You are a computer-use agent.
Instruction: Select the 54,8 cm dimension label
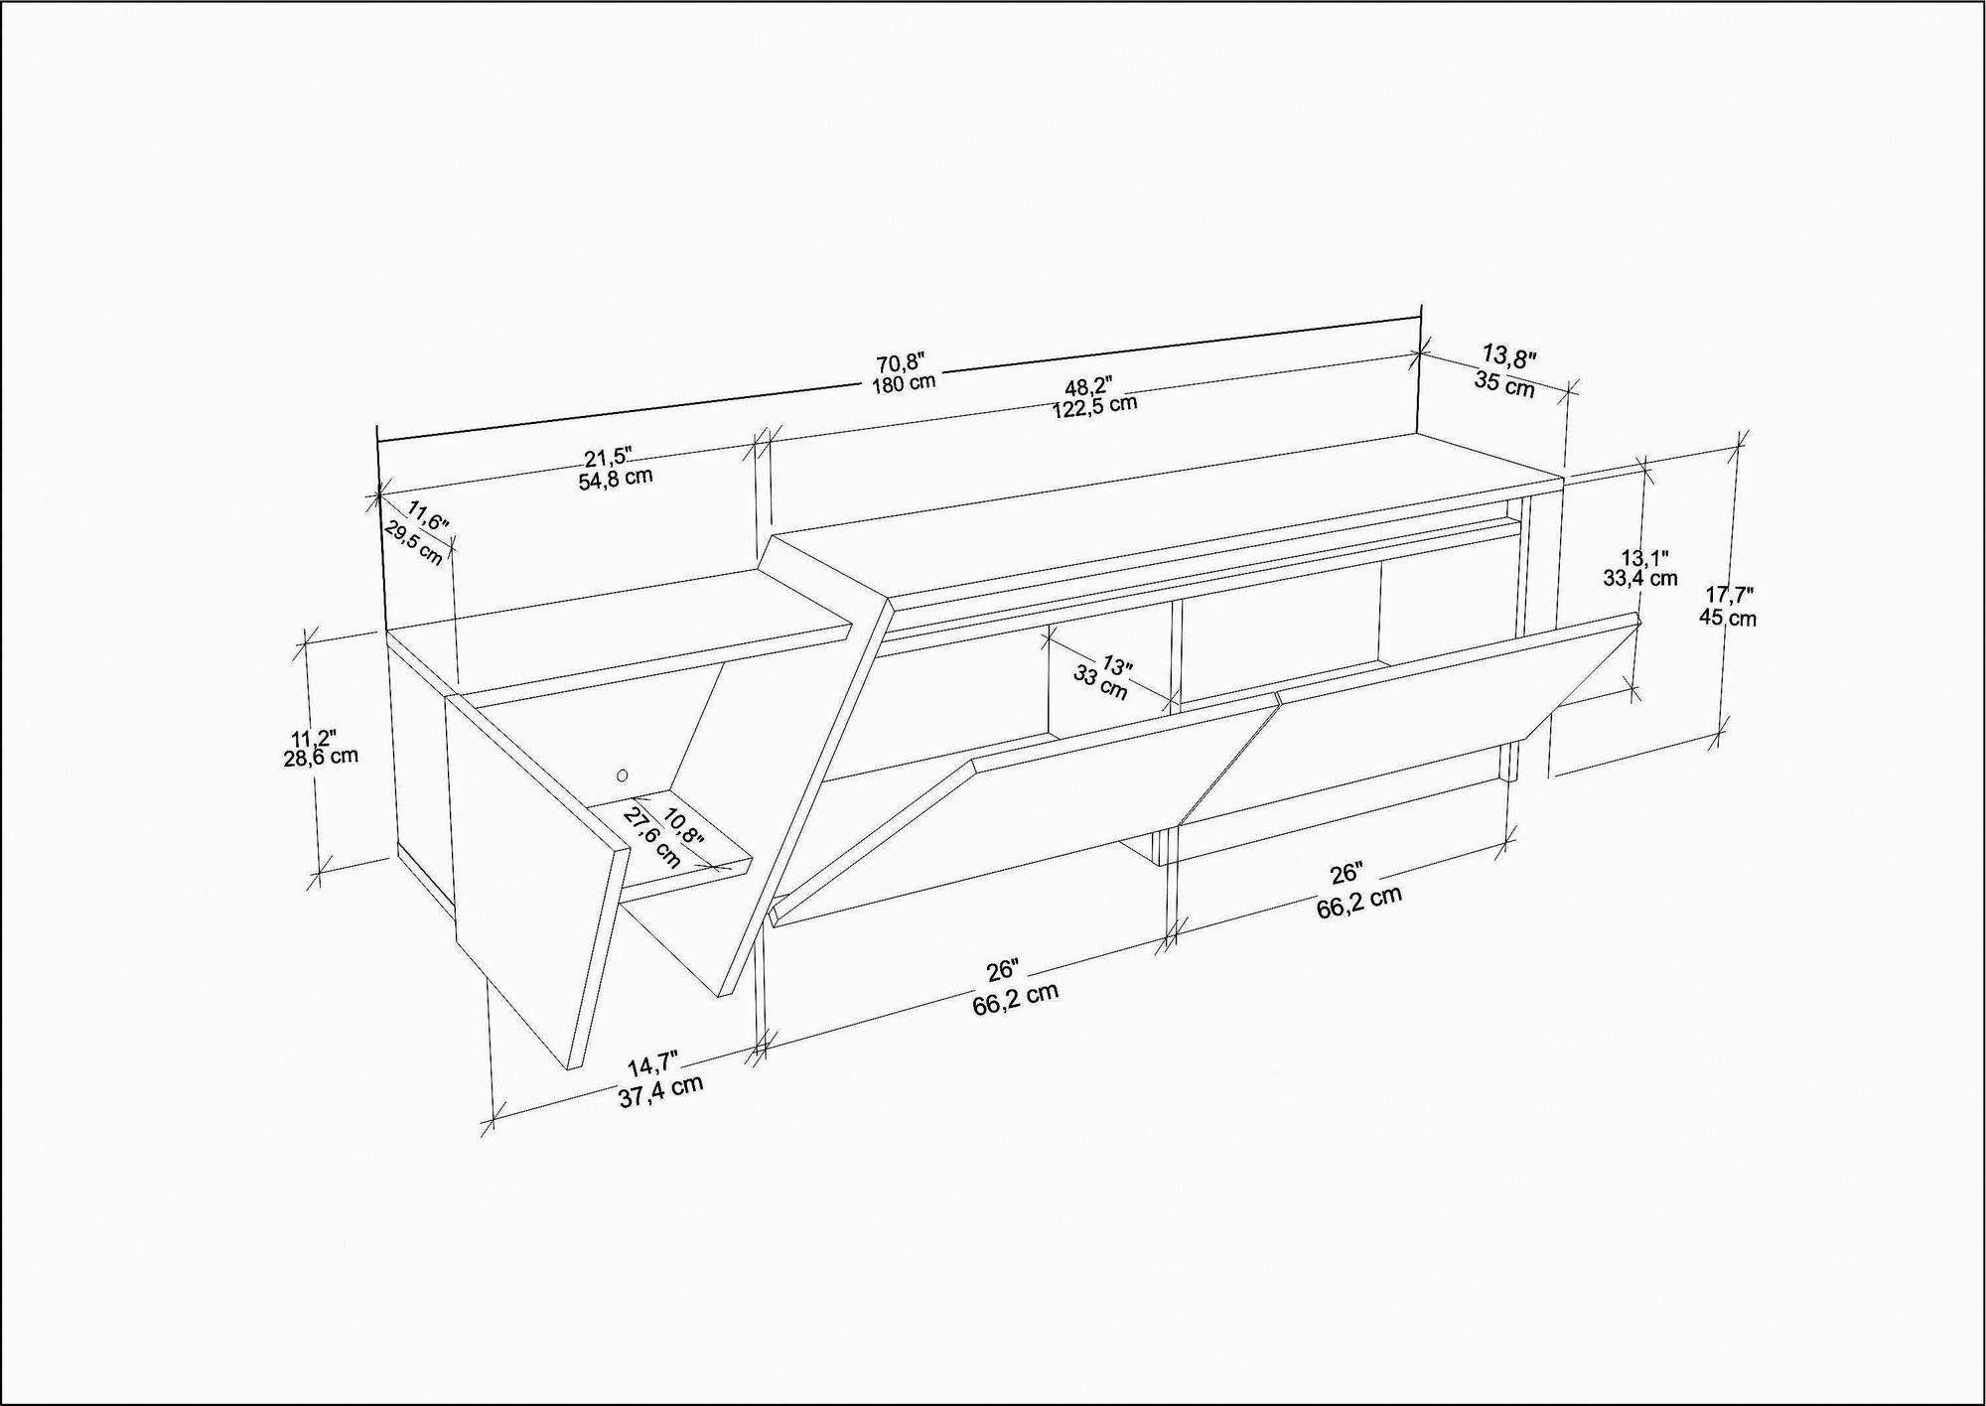click(616, 479)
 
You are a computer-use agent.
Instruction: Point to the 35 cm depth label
click(1504, 383)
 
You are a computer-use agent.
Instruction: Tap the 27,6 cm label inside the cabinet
click(652, 837)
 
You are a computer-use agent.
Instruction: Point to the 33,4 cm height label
click(1639, 578)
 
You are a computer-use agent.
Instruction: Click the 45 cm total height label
click(1727, 618)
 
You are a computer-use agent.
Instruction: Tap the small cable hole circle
click(623, 774)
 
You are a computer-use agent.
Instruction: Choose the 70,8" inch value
click(901, 362)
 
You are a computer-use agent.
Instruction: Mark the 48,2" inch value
click(1088, 386)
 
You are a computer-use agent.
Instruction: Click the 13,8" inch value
click(1509, 355)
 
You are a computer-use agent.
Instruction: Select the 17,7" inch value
click(1729, 596)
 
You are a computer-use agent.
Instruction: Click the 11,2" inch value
click(313, 738)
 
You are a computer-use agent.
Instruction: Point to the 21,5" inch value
click(608, 458)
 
